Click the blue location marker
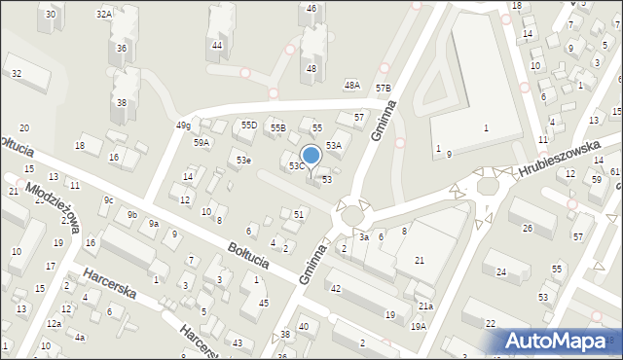coord(311,155)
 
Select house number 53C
coord(297,166)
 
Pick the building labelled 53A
coord(333,145)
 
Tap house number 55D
coord(249,126)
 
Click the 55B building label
coord(277,127)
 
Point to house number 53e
coord(243,160)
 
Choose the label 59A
coord(202,142)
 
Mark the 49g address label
coord(182,126)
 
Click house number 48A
coord(352,86)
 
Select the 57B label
coord(384,89)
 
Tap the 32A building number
coord(103,14)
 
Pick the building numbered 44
coord(217,45)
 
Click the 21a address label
coord(425,306)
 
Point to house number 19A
coord(418,326)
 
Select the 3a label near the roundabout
coord(363,236)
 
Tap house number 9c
coord(109,200)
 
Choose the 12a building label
coord(54,323)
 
